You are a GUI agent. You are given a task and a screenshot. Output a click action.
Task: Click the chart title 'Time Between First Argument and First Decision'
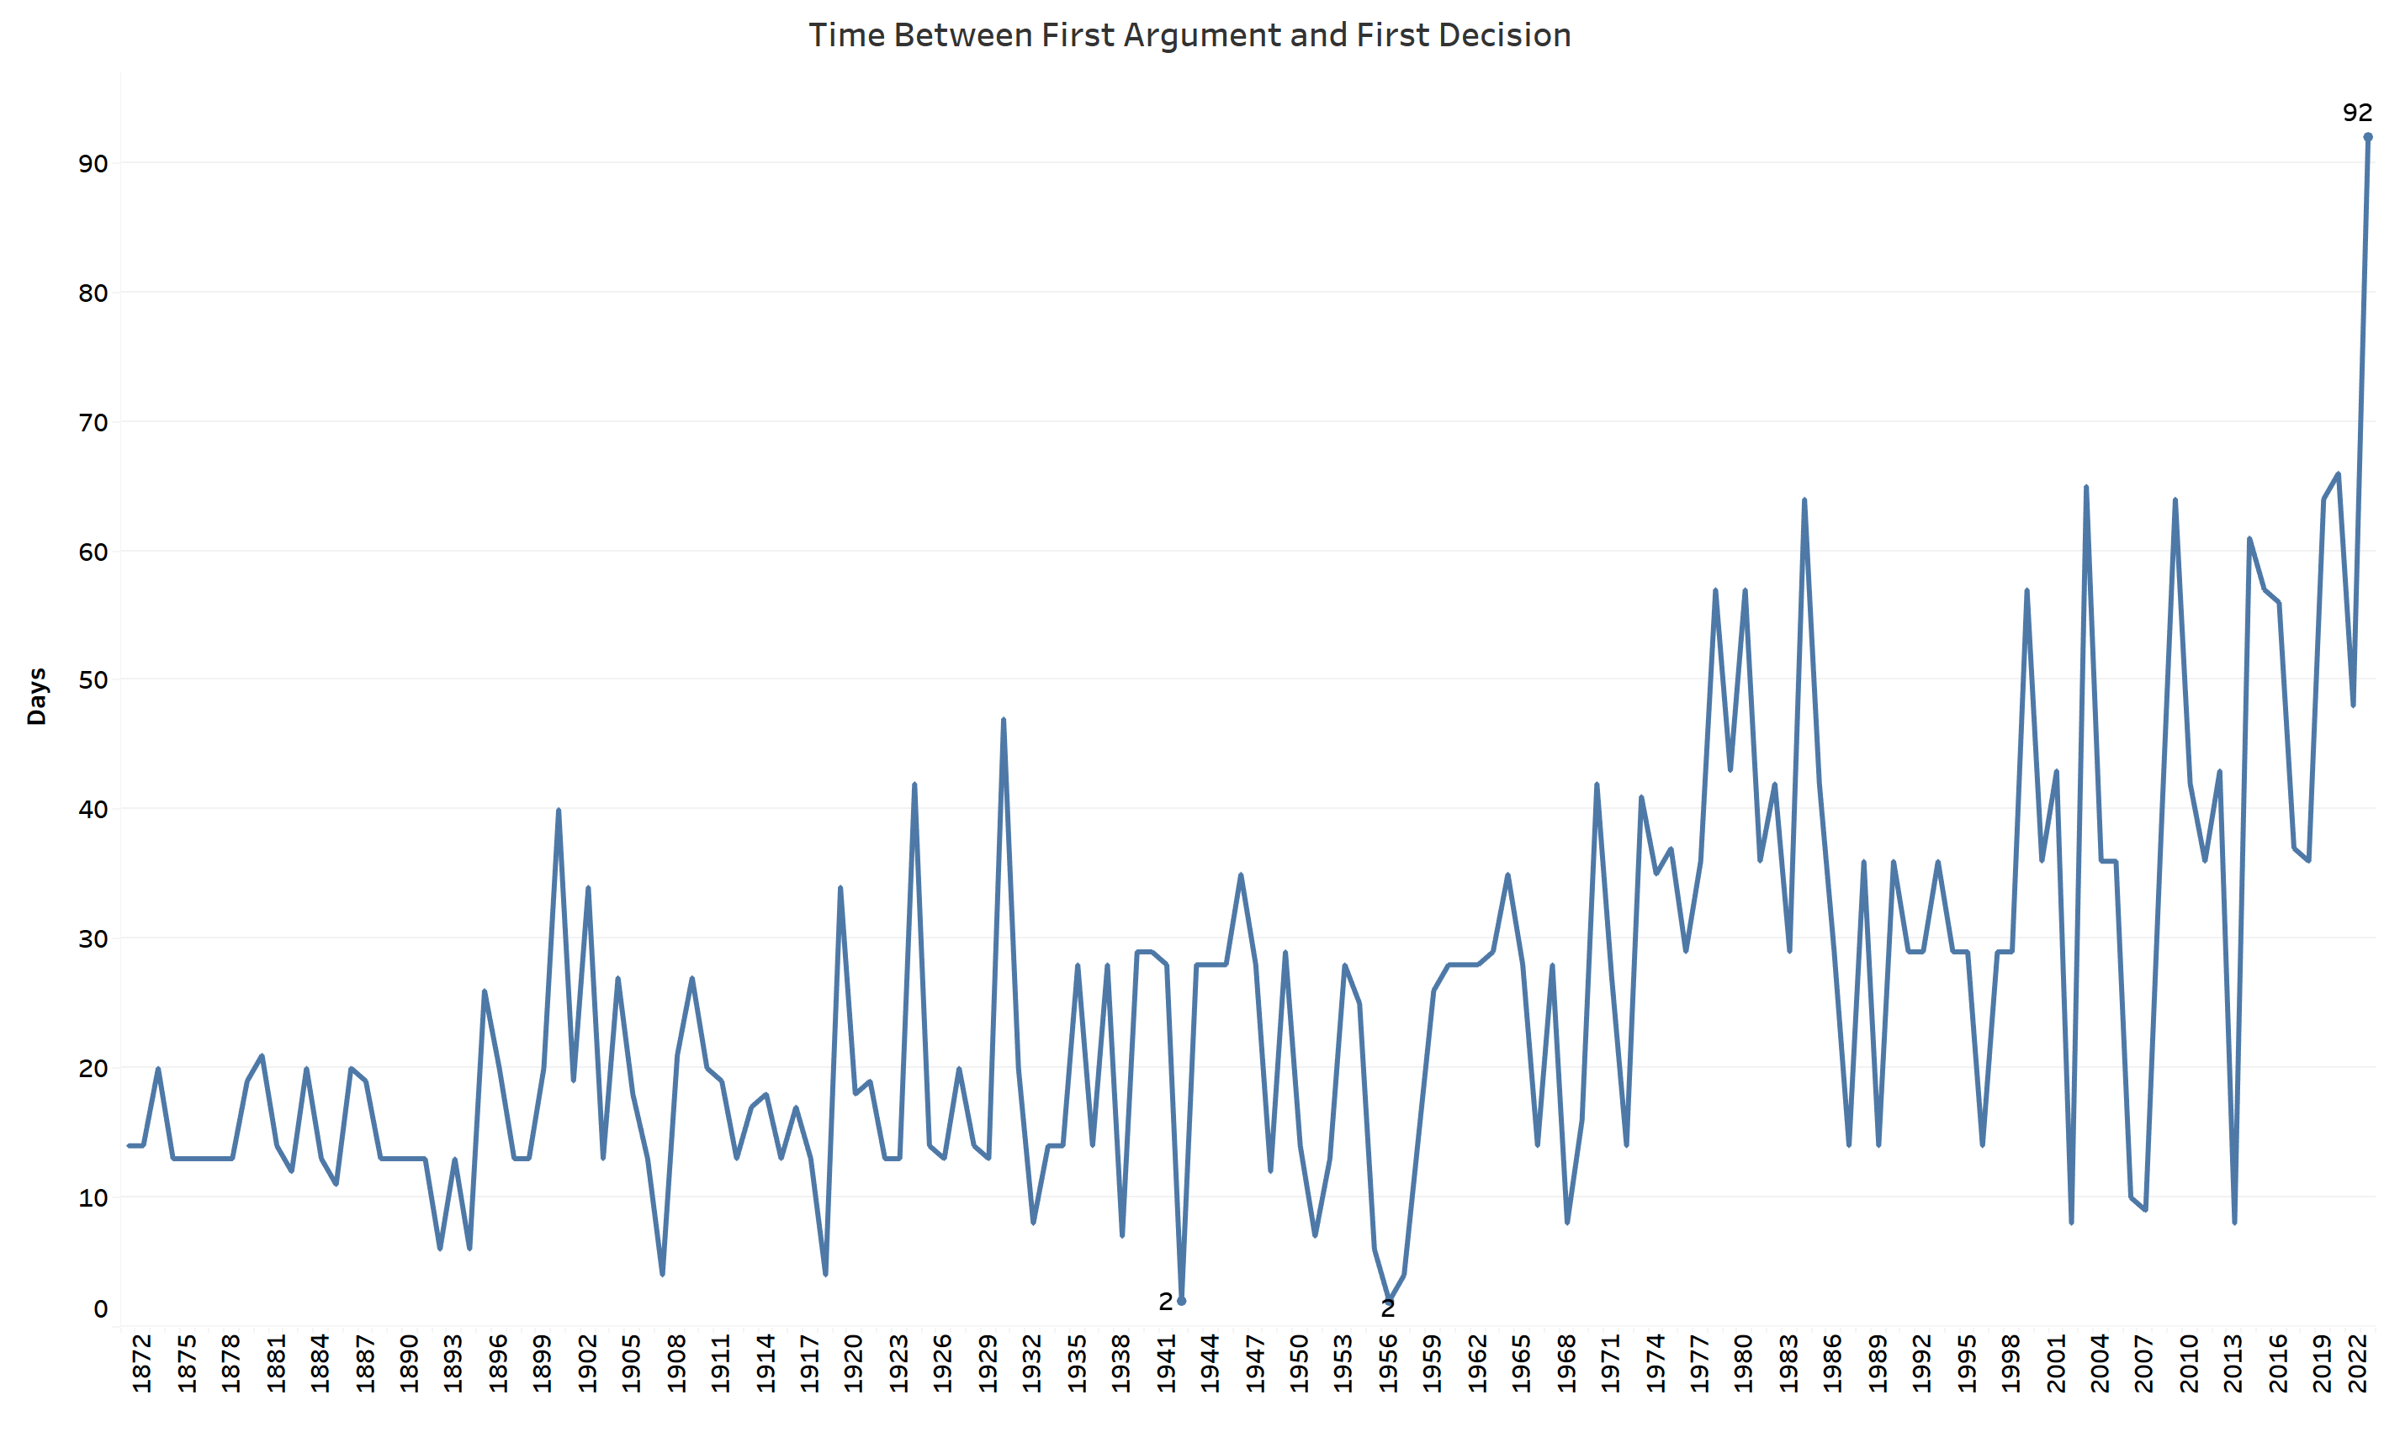coord(1189,35)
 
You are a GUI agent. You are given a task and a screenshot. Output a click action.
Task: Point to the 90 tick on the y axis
coord(93,163)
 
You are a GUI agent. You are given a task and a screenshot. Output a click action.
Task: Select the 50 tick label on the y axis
coord(93,680)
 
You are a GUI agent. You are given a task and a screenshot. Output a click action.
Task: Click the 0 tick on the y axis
coord(100,1308)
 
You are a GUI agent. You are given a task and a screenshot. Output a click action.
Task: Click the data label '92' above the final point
coord(2357,113)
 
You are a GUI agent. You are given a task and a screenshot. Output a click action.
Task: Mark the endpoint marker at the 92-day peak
coord(2367,137)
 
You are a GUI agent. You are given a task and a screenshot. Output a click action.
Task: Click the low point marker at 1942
coord(1181,1301)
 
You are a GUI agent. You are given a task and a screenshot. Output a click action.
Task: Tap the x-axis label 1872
coord(142,1362)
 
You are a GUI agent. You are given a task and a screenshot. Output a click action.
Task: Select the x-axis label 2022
coord(2358,1362)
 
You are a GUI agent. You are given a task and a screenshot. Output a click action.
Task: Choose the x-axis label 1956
coord(1387,1362)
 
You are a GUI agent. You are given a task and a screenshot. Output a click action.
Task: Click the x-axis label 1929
coord(988,1362)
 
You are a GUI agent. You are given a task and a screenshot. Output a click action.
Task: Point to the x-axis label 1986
coord(1832,1362)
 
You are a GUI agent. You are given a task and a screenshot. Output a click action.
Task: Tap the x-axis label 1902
coord(587,1362)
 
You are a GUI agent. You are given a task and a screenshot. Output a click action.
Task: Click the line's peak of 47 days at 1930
coord(1003,720)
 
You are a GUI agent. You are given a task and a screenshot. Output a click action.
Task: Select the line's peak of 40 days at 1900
coord(558,811)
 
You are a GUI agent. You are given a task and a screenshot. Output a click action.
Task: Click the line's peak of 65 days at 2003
coord(2085,488)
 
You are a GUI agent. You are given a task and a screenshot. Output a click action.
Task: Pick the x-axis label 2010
coord(2188,1362)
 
